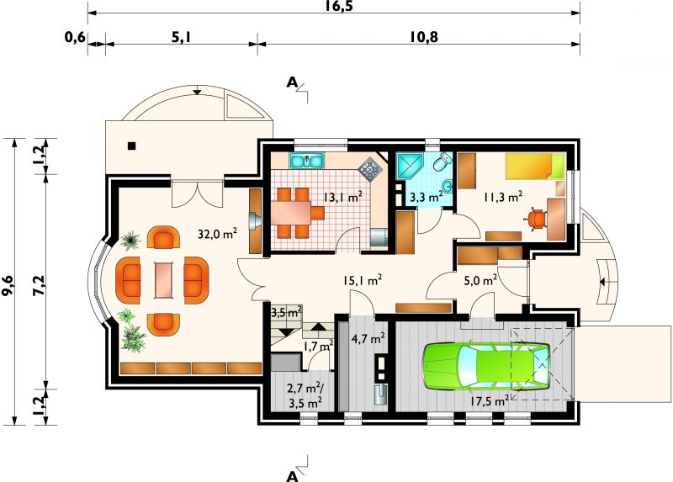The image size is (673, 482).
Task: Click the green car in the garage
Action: click(487, 366)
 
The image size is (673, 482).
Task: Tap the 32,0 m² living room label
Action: click(218, 234)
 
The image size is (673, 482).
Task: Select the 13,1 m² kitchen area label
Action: click(343, 198)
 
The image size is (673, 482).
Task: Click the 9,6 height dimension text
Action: click(8, 285)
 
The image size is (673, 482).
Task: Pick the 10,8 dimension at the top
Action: click(423, 37)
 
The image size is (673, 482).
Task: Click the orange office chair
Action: click(536, 219)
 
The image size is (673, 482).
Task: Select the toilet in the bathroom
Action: click(442, 162)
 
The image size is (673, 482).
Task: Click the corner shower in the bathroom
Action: click(409, 167)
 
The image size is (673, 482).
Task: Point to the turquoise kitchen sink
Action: click(307, 161)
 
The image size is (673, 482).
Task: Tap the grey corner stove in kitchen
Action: click(370, 169)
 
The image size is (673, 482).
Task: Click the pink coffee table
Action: click(164, 280)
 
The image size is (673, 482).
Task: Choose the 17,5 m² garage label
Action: click(490, 401)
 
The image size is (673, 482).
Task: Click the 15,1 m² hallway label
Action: click(363, 280)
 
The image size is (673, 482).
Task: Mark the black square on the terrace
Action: click(132, 146)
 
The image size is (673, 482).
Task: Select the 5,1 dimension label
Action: click(181, 37)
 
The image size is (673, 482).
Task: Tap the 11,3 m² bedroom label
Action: click(503, 197)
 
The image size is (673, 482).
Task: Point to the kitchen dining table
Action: click(291, 214)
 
